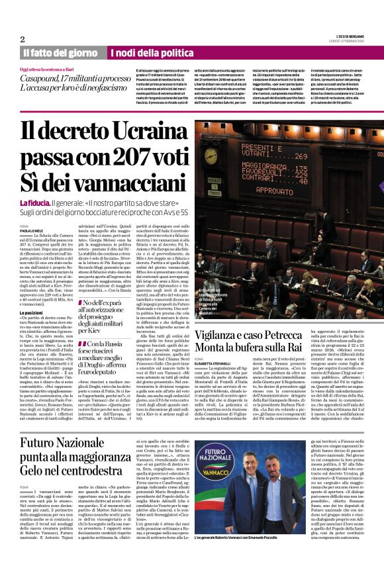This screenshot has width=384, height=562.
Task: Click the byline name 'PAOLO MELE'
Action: click(x=32, y=230)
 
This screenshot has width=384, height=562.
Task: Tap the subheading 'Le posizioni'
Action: click(x=31, y=312)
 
